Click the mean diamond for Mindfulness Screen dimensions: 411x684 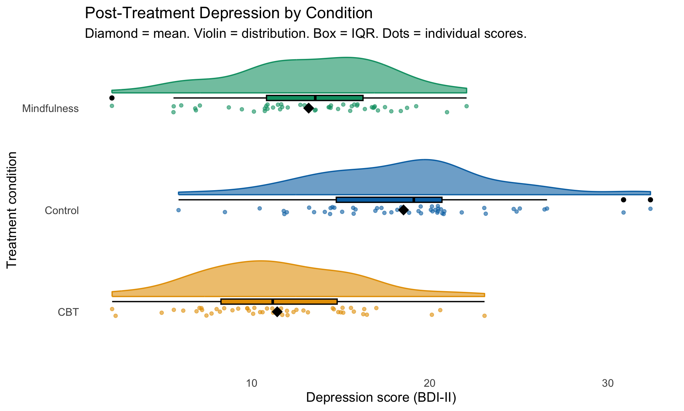click(x=309, y=108)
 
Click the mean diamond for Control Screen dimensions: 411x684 click(x=403, y=210)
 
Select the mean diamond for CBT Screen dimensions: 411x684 click(x=277, y=312)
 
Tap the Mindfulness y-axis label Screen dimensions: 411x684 click(x=50, y=109)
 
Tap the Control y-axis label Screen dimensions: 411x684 click(x=62, y=211)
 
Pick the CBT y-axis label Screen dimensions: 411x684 click(x=68, y=313)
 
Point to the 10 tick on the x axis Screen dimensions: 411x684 click(x=252, y=384)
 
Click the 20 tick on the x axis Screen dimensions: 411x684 click(x=430, y=384)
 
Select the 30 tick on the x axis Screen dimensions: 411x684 click(x=608, y=384)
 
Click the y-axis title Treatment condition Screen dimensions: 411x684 click(x=12, y=210)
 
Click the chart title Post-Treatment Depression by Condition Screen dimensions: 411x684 click(x=229, y=14)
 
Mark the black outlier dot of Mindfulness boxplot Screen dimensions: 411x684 click(x=112, y=98)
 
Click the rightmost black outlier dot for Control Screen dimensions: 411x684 click(x=650, y=200)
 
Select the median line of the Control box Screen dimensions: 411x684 click(x=414, y=200)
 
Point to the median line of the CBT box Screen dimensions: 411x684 click(x=273, y=301)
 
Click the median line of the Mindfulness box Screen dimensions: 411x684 click(x=315, y=98)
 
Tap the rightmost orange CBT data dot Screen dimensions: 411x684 click(x=484, y=316)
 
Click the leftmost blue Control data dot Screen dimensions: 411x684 click(x=178, y=210)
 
